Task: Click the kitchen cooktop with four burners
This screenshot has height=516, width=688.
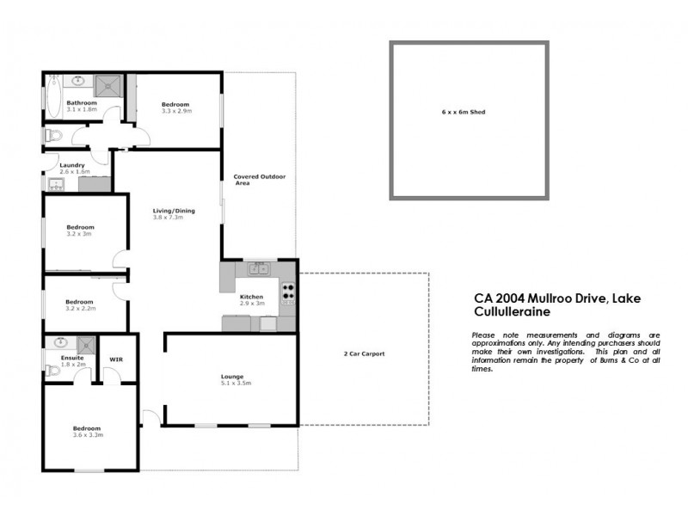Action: click(x=287, y=294)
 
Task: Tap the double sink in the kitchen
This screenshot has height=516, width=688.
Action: click(x=259, y=269)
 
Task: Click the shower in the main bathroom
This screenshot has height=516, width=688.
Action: click(x=109, y=84)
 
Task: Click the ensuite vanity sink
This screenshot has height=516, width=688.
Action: click(x=61, y=341)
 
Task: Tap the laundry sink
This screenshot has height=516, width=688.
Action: click(x=53, y=183)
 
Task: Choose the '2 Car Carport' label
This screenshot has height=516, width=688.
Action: click(x=365, y=354)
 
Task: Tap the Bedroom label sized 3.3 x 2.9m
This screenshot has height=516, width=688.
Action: click(x=177, y=104)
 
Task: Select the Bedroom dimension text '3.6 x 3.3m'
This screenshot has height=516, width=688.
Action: click(x=87, y=435)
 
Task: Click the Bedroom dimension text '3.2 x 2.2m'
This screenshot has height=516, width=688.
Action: click(x=80, y=309)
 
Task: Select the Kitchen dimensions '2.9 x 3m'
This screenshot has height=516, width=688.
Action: click(x=251, y=304)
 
